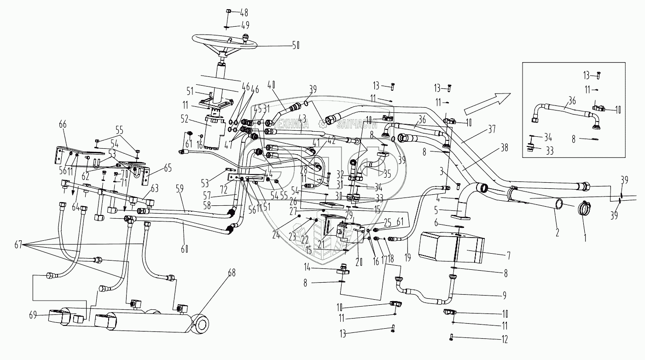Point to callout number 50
coord(296,45)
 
